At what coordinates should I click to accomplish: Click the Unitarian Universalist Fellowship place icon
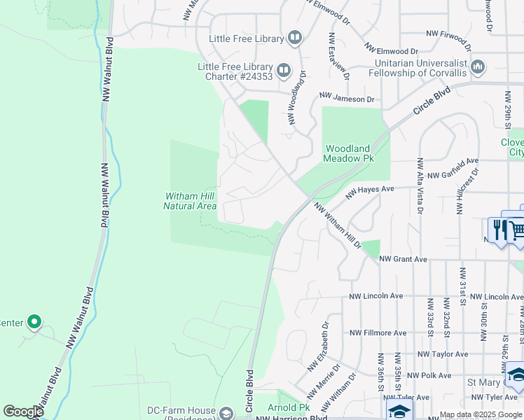click(478, 67)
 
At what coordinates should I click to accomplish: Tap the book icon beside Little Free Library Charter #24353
click(284, 69)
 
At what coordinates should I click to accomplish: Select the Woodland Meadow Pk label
click(347, 153)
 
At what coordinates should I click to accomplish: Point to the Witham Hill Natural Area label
click(190, 201)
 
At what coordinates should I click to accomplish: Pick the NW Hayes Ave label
click(371, 189)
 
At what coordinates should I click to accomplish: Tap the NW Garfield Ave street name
click(453, 174)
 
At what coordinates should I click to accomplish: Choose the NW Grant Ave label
click(403, 259)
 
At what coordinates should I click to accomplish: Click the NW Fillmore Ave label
click(378, 332)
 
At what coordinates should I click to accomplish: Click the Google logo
click(23, 412)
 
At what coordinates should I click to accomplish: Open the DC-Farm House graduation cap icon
click(226, 414)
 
